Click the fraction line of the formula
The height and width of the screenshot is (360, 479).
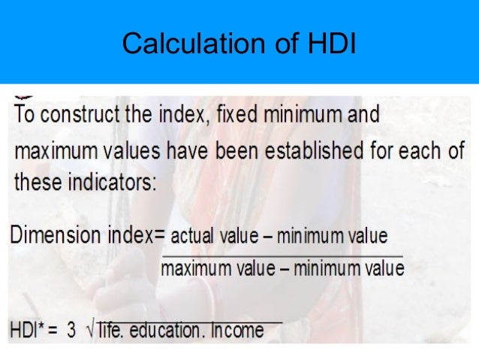(x=282, y=256)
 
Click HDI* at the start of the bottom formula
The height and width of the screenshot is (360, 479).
(x=28, y=331)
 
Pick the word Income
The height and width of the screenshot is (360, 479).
(x=238, y=331)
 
